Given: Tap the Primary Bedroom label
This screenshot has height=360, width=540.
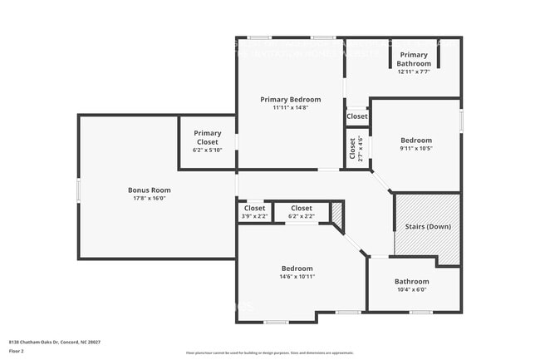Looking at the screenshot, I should coord(290,99).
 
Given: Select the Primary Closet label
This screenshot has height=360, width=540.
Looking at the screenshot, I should coord(207,133).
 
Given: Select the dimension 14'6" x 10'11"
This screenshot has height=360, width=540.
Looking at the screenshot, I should coord(297,277).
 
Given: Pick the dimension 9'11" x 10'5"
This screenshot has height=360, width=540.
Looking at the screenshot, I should coord(415,149).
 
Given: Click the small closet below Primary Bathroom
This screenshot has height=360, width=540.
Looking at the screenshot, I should coord(356,117).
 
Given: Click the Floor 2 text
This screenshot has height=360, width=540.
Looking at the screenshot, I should coord(17,350).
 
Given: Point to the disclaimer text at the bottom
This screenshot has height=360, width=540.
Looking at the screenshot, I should coord(269,353).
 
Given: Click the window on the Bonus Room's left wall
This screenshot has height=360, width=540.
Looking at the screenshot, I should coord(79,190).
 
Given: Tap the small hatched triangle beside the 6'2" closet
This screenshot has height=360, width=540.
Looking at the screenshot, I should coord(337,215).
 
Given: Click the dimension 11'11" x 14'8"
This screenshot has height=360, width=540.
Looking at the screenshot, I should coord(290,107).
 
